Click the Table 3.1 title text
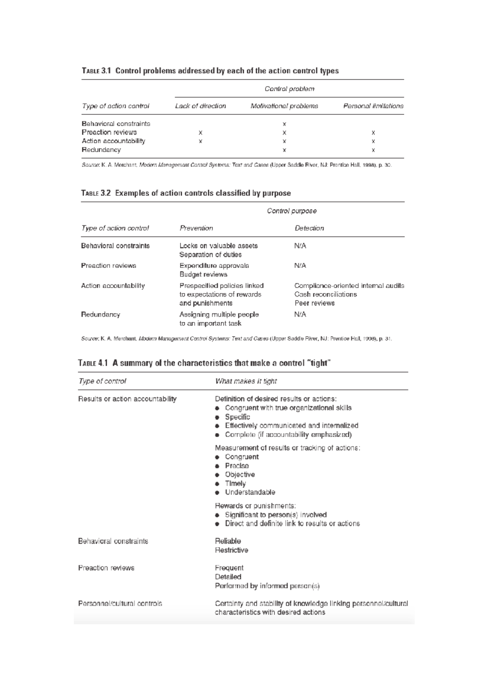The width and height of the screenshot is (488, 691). click(210, 71)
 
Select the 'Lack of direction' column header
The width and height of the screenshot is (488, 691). click(200, 106)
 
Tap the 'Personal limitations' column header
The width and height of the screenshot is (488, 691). click(373, 106)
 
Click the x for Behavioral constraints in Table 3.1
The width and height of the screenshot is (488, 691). click(284, 124)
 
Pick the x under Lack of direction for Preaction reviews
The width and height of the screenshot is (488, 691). click(200, 133)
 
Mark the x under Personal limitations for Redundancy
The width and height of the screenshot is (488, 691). click(373, 150)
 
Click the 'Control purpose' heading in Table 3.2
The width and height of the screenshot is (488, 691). click(292, 211)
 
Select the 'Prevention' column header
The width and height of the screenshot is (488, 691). click(196, 228)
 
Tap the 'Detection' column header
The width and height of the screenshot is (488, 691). click(309, 228)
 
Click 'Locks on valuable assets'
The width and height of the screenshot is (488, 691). click(218, 246)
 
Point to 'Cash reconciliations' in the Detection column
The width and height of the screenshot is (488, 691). click(325, 294)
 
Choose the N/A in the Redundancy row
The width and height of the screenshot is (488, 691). click(300, 315)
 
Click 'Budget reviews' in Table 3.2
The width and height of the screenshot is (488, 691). click(203, 275)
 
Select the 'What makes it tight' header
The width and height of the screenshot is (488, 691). click(246, 381)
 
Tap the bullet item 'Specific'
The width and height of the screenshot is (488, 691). click(237, 417)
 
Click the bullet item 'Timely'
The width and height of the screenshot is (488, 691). click(235, 484)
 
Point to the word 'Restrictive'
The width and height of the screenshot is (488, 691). click(231, 550)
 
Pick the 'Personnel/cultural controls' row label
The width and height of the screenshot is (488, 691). click(120, 604)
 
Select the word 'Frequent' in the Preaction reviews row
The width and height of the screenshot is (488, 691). click(229, 568)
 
